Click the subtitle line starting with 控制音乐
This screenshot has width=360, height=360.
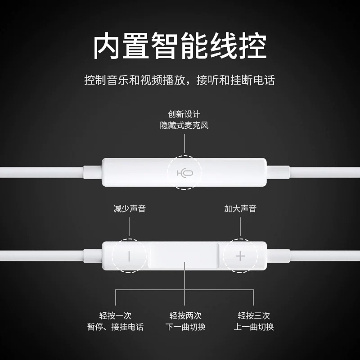pos(180,81)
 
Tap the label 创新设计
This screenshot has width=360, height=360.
pos(184,114)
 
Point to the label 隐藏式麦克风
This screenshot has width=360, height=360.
pos(184,125)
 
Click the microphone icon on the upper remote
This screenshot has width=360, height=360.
pos(184,173)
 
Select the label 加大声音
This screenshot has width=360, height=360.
pos(240,209)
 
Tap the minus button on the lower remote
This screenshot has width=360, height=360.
pos(129,256)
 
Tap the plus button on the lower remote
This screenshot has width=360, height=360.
pos(240,256)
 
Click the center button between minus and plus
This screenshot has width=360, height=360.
pos(184,256)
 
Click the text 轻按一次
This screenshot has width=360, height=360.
pos(115,315)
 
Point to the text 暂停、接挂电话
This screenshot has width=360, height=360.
pos(115,327)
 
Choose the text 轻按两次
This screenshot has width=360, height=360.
pos(184,315)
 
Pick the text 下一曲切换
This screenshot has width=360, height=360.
pos(184,327)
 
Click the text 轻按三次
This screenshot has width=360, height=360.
pos(254,315)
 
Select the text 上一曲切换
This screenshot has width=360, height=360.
pos(254,327)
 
